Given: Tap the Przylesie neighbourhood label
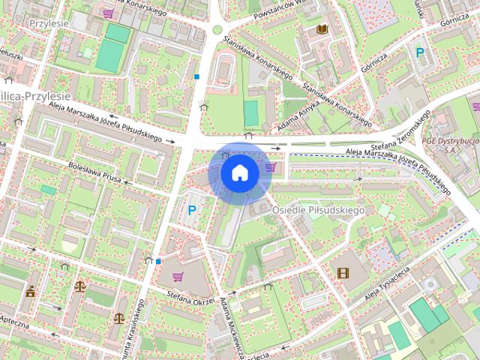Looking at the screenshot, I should tap(49, 23).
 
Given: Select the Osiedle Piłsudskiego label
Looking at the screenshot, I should tap(318, 210).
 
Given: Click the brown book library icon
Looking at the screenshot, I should tap(322, 29).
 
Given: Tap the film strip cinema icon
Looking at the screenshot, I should tap(343, 273).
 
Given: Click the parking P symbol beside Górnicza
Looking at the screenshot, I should tap(420, 52).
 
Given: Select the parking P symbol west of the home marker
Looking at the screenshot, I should tap(192, 211).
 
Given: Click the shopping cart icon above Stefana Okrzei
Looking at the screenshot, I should tap(178, 277).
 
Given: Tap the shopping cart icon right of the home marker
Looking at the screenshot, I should tap(271, 166).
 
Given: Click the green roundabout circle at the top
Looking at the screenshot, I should tap(217, 30).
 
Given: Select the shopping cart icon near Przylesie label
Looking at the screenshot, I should tap(108, 13).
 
